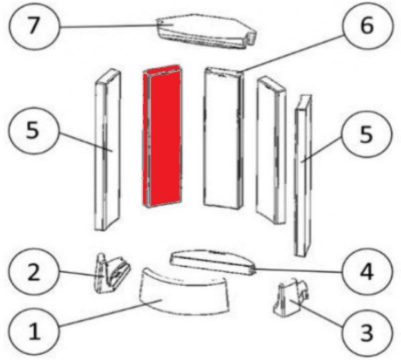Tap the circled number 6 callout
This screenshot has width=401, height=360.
(366, 25)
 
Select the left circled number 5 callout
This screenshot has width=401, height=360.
(33, 130)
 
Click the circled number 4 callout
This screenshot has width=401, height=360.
(367, 272)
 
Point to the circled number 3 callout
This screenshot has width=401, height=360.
(367, 333)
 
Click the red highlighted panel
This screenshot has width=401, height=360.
(162, 136)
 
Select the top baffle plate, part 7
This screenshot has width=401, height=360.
(207, 31)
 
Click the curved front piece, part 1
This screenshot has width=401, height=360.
(184, 291)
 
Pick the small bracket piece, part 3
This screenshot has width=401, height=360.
(291, 297)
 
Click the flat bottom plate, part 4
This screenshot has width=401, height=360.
(213, 262)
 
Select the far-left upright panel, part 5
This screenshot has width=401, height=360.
(108, 150)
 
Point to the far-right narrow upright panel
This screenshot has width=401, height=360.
(303, 176)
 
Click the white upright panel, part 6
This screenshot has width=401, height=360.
(223, 138)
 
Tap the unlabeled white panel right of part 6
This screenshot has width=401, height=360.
(271, 151)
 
